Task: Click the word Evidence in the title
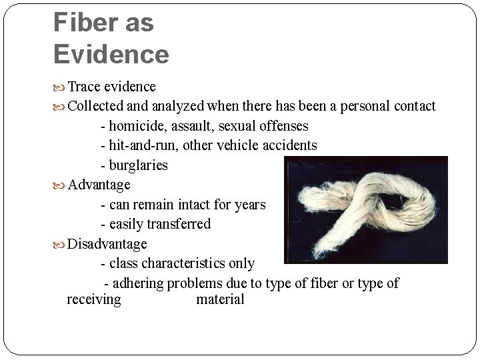tap(111, 54)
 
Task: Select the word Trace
tap(84, 87)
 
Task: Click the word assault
tap(191, 126)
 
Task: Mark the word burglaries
tap(138, 165)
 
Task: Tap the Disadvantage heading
tap(107, 244)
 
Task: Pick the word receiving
tap(94, 299)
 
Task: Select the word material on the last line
tap(220, 299)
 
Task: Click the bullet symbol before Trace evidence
tap(59, 87)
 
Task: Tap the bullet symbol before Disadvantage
tap(59, 245)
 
